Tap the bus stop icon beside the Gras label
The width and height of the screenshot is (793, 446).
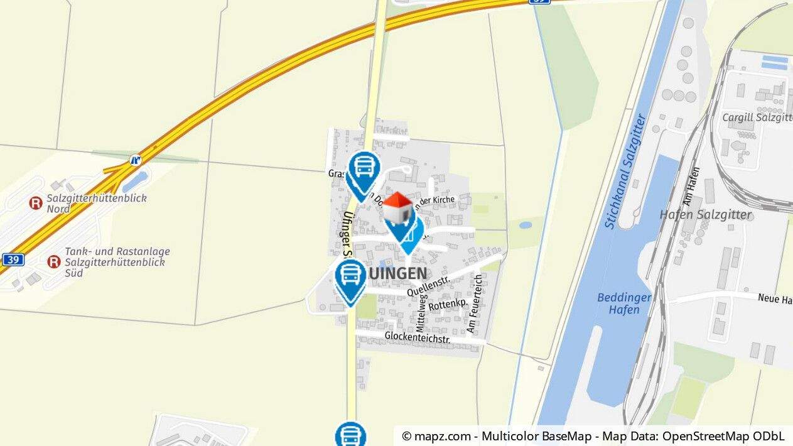pyautogui.click(x=364, y=168)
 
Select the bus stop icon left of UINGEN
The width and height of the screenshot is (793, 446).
pyautogui.click(x=350, y=276)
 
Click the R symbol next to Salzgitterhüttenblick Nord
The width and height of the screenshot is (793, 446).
pyautogui.click(x=36, y=203)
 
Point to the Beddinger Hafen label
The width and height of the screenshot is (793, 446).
pyautogui.click(x=624, y=303)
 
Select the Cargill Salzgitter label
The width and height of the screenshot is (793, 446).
pyautogui.click(x=757, y=117)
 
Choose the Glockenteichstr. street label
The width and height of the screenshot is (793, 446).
pyautogui.click(x=418, y=337)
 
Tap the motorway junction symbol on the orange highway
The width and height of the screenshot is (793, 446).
pyautogui.click(x=136, y=160)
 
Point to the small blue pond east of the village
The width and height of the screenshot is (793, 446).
pyautogui.click(x=526, y=224)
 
